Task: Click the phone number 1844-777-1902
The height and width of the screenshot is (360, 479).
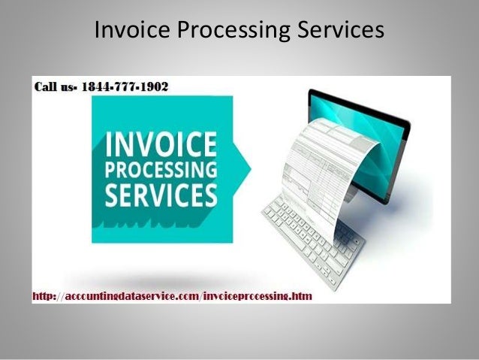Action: pos(132,86)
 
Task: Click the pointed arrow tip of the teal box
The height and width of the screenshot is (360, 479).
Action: pos(250,159)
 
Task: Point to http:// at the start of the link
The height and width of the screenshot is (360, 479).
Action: pos(44,297)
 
